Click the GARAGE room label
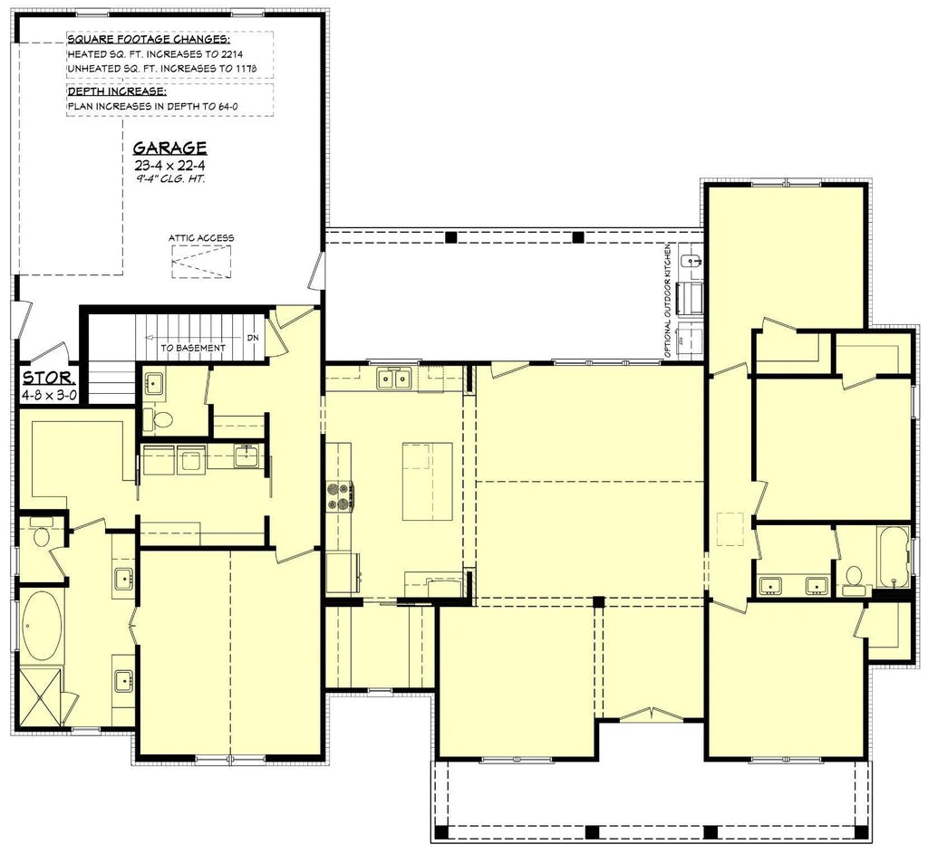(169, 148)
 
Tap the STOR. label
(49, 378)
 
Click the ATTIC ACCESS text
(201, 238)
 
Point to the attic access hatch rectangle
(201, 262)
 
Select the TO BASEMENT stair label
(193, 348)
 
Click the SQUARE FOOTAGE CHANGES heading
(149, 40)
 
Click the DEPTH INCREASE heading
(117, 91)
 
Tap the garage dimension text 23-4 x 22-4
(169, 166)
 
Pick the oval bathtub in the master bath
(42, 626)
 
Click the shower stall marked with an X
(39, 695)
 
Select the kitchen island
(428, 481)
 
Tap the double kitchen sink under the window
(394, 378)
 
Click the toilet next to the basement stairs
(158, 420)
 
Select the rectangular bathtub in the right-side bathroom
(893, 557)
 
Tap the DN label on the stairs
(253, 339)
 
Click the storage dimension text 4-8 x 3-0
(49, 395)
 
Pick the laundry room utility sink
(246, 456)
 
